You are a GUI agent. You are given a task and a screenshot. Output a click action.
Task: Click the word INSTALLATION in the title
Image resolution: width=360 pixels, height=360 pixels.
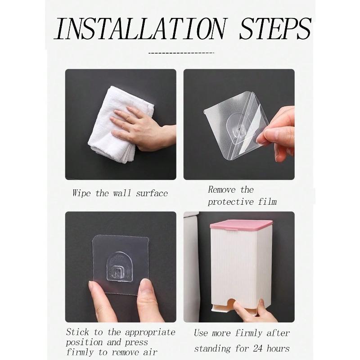[139, 29]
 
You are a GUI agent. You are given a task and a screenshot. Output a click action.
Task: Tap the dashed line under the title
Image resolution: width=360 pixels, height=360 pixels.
[181, 53]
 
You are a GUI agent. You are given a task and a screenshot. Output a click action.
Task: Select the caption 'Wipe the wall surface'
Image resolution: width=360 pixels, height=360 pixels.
[120, 193]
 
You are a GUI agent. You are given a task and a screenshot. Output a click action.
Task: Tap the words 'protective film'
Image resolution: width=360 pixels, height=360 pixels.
[242, 202]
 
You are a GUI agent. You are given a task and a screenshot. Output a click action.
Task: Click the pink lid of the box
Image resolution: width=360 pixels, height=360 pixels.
[241, 227]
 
